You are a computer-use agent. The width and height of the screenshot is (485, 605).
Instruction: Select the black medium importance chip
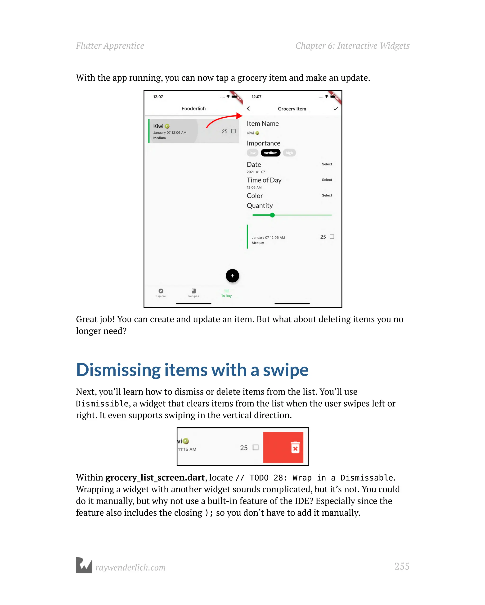point(270,153)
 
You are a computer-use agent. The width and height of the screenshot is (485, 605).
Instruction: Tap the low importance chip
point(252,153)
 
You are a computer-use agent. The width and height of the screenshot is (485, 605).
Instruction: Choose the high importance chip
point(289,153)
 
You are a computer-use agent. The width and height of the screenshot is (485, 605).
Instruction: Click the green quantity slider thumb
point(272,215)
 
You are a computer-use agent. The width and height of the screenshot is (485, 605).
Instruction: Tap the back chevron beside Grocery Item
point(248,109)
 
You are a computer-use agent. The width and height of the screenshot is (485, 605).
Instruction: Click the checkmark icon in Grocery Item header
point(335,109)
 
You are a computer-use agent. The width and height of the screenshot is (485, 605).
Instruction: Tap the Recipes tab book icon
point(193,291)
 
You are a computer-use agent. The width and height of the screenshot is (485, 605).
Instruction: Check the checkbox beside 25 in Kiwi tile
point(233,131)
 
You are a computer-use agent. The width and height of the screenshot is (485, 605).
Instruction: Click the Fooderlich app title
point(193,109)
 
